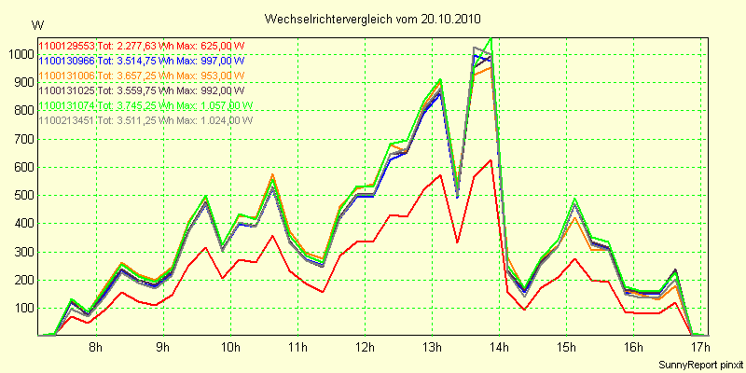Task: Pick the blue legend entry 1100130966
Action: coord(67,60)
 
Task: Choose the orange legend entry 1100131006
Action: coord(67,75)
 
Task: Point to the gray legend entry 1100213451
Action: coord(67,119)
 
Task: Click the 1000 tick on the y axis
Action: coord(18,54)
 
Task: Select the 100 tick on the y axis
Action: coord(21,309)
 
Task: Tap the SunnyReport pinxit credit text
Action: coord(701,364)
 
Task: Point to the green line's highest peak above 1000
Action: coord(490,38)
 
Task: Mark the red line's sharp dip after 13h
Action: coord(457,242)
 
